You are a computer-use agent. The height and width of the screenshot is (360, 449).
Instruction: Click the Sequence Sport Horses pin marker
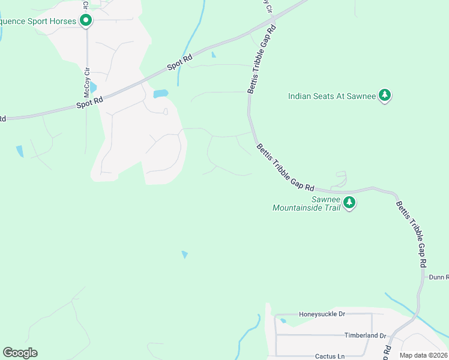[x=86, y=21]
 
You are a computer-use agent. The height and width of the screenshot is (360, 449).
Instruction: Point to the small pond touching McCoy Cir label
[x=93, y=88]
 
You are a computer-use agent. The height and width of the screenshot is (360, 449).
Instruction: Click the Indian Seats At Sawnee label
[x=331, y=96]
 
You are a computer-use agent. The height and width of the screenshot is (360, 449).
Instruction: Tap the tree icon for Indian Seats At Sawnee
[x=385, y=96]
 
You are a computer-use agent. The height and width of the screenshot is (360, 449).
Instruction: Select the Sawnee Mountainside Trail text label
[x=306, y=203]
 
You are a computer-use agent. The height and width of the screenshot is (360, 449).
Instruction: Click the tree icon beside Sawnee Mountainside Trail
[x=349, y=204]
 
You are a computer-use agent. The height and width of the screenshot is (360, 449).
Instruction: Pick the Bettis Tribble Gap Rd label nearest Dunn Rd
[x=411, y=234]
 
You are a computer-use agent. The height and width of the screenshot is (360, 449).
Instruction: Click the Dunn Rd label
[x=439, y=277]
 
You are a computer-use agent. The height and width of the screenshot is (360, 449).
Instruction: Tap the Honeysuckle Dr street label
[x=322, y=314]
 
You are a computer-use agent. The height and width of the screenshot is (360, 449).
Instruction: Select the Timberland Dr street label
[x=364, y=335]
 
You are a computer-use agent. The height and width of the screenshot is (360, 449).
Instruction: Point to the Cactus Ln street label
[x=330, y=356]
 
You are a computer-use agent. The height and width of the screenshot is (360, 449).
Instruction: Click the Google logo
[x=20, y=353]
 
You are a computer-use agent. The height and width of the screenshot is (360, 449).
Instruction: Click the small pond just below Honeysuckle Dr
[x=283, y=321]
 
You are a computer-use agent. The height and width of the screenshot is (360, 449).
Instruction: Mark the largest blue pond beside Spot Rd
[x=160, y=94]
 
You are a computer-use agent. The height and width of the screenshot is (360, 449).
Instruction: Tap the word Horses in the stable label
[x=62, y=22]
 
